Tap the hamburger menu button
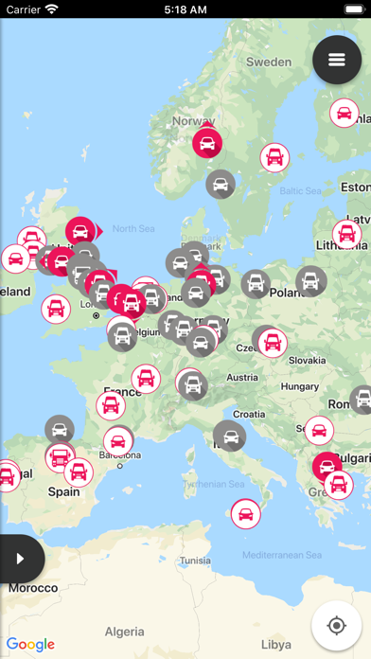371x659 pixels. pyautogui.click(x=337, y=60)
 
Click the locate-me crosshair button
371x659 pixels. pyautogui.click(x=336, y=625)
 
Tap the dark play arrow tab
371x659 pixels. pyautogui.click(x=20, y=559)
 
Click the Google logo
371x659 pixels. pyautogui.click(x=30, y=644)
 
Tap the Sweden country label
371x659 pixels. pyautogui.click(x=269, y=62)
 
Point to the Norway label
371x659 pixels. pyautogui.click(x=194, y=121)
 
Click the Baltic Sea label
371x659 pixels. pyautogui.click(x=302, y=190)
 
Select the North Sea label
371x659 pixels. pyautogui.click(x=132, y=228)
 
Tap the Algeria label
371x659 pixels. pyautogui.click(x=124, y=632)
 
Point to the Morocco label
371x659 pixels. pyautogui.click(x=32, y=588)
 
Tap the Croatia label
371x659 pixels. pyautogui.click(x=249, y=414)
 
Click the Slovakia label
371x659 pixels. pyautogui.click(x=306, y=360)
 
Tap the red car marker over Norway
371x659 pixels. pyautogui.click(x=207, y=143)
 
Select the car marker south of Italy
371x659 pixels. pyautogui.click(x=245, y=514)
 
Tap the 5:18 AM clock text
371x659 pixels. pyautogui.click(x=185, y=9)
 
